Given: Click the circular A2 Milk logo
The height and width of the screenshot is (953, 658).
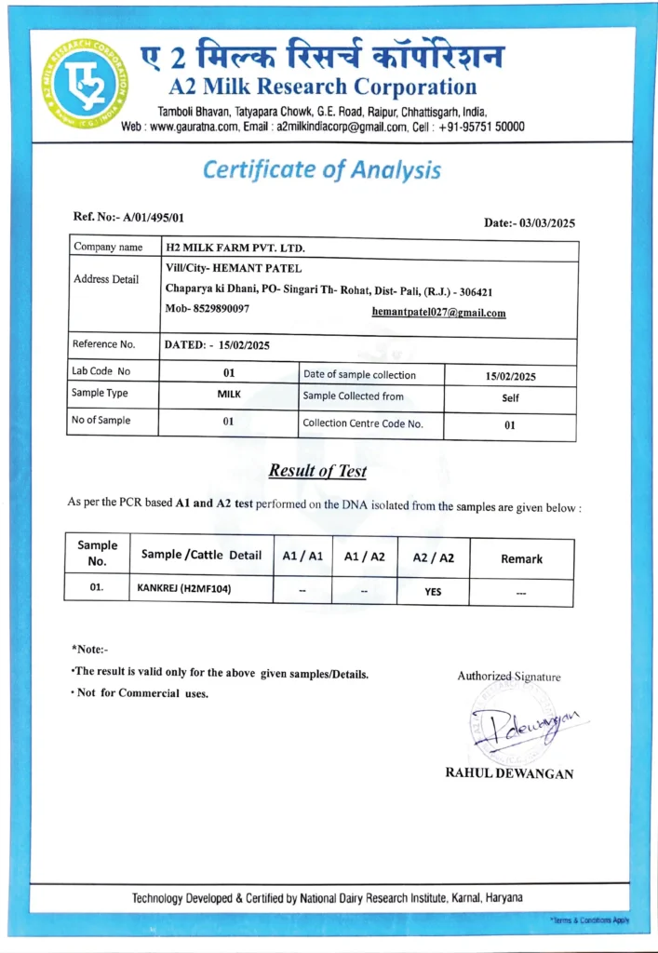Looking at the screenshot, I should (x=84, y=84).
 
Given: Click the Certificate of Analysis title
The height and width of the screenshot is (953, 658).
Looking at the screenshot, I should (x=321, y=170).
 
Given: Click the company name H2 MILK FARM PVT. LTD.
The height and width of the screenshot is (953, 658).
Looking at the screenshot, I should (x=235, y=248).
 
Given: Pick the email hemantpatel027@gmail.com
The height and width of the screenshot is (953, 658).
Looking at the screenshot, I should (x=438, y=313).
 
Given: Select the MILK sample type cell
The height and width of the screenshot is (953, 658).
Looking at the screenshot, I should (x=228, y=394).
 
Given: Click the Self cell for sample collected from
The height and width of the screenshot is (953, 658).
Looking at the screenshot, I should (x=509, y=397).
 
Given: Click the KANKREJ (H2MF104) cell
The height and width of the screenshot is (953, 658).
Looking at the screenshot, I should (x=184, y=589).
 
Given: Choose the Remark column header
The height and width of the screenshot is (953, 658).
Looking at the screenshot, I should (x=521, y=558).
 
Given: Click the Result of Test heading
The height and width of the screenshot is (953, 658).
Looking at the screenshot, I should (x=317, y=471).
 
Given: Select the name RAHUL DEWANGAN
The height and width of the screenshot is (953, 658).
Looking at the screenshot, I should (x=509, y=773).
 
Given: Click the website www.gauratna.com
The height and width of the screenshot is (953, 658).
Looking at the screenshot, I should (x=191, y=127).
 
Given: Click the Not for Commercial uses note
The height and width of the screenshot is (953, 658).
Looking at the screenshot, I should (x=142, y=693).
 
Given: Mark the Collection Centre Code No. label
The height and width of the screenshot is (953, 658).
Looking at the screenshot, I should (x=363, y=423).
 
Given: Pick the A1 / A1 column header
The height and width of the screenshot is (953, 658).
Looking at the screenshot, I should (x=302, y=557).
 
